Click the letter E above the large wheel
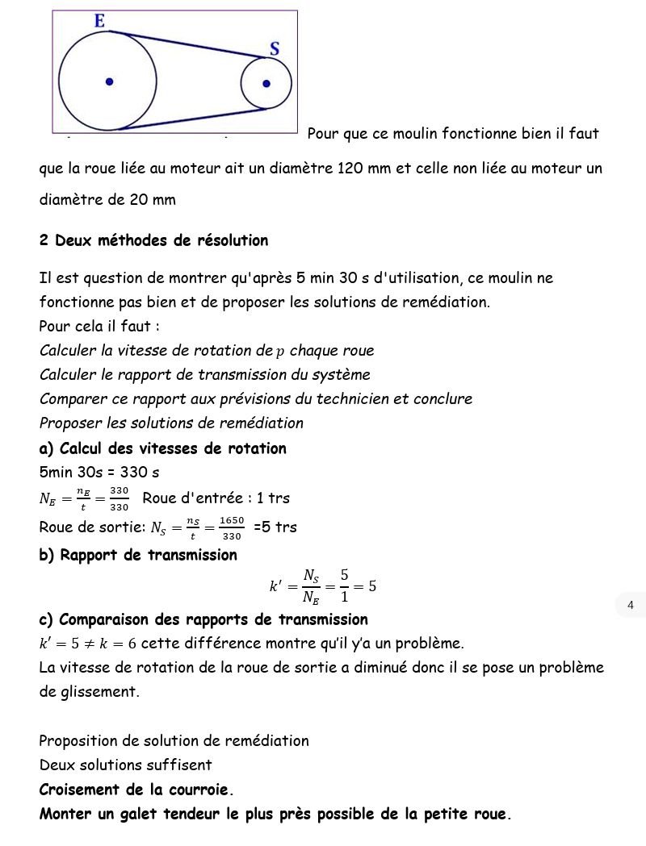pyautogui.click(x=99, y=21)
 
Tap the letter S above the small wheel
pyautogui.click(x=275, y=48)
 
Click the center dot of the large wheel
pyautogui.click(x=109, y=81)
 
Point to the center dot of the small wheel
pyautogui.click(x=266, y=83)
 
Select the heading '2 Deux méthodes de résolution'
pyautogui.click(x=153, y=240)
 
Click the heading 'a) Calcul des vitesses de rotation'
pyautogui.click(x=162, y=448)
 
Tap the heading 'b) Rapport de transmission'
pyautogui.click(x=138, y=555)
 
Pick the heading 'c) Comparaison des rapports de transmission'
pyautogui.click(x=203, y=619)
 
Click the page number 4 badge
pyautogui.click(x=630, y=605)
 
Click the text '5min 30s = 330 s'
pyautogui.click(x=99, y=473)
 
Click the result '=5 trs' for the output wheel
pyautogui.click(x=275, y=527)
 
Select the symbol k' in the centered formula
pyautogui.click(x=275, y=586)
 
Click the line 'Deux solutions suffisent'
pyautogui.click(x=125, y=765)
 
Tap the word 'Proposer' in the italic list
pyautogui.click(x=71, y=423)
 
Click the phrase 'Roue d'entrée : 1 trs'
pyautogui.click(x=216, y=498)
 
